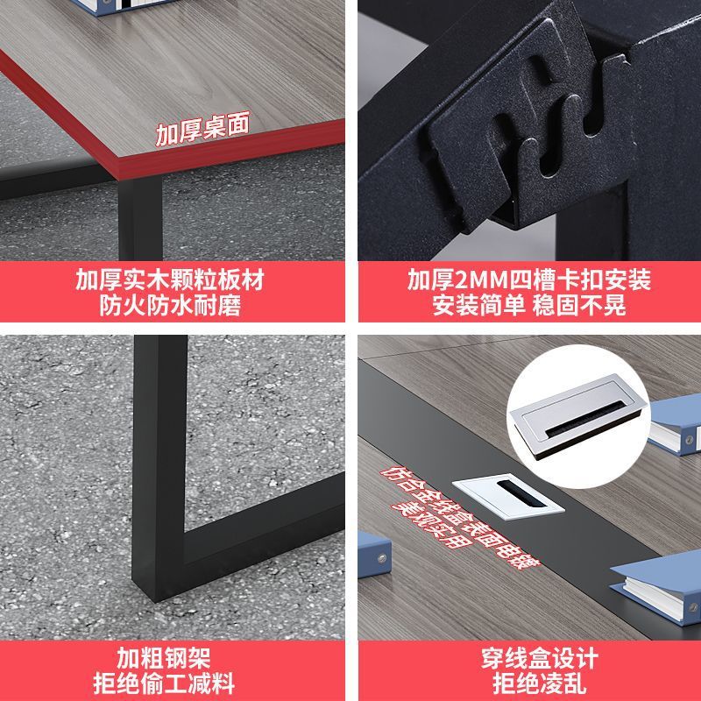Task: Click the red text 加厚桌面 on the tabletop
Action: [x=202, y=128]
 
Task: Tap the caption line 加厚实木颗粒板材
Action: [x=170, y=280]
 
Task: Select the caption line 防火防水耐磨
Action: [x=170, y=305]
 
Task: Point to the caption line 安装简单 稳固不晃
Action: [x=529, y=305]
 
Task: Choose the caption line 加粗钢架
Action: [x=164, y=658]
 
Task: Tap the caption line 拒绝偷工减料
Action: [x=164, y=683]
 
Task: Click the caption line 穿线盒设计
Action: [x=540, y=658]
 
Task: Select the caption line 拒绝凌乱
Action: [x=540, y=683]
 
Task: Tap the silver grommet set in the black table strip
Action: [x=508, y=496]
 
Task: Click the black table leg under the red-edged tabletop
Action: [x=140, y=218]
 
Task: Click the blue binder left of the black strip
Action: [x=374, y=555]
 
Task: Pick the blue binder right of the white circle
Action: [x=675, y=426]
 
